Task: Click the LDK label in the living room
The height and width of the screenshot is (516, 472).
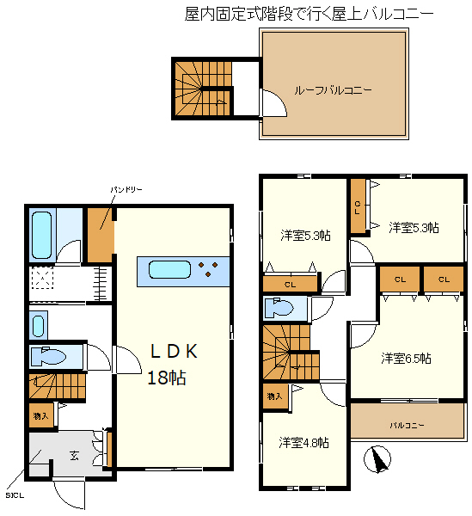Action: pos(174,351)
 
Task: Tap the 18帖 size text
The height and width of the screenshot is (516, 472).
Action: pos(167,378)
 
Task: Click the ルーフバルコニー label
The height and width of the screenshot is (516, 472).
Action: pos(333,89)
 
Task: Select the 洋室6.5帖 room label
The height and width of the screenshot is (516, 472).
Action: pos(406,358)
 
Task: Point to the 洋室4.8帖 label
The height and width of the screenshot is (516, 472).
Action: pos(303,443)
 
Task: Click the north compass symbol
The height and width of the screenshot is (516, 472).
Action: pos(377,459)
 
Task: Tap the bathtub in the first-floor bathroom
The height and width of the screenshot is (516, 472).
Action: pos(42,235)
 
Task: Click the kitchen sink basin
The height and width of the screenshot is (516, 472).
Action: pos(169,270)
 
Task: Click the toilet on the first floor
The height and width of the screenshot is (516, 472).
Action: pos(48,356)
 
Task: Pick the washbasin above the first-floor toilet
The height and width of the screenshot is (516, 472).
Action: pos(38,326)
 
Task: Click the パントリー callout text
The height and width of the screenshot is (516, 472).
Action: pos(126,190)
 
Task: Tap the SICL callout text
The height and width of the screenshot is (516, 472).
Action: pos(15,495)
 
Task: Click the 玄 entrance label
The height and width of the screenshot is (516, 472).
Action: pos(74,456)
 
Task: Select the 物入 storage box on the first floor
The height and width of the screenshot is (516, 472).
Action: pos(41,415)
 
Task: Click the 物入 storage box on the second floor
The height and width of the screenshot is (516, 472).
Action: pos(275,396)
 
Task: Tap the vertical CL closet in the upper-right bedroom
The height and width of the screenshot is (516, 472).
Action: pos(358,206)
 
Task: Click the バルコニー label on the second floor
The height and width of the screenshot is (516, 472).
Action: pos(408,426)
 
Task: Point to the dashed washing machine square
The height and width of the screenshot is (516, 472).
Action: pos(42,278)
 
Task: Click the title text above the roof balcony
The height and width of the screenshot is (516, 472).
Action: pos(309,14)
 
